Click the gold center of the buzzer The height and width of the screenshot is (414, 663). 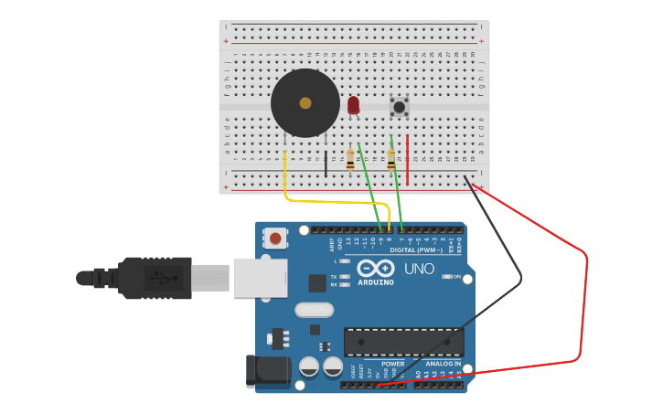305,103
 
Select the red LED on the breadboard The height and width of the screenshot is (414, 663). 353,105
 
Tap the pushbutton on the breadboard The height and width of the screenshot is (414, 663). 400,107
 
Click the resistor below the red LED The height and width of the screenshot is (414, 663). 350,162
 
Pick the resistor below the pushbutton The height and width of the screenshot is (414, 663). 391,161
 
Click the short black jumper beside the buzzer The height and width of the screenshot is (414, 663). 326,163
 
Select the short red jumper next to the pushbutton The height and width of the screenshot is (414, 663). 408,160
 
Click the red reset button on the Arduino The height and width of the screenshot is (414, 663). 275,239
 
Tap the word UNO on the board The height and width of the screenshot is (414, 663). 420,270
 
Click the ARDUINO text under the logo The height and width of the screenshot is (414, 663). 376,282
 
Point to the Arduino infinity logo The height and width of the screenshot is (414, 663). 376,269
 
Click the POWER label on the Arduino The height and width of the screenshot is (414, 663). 393,364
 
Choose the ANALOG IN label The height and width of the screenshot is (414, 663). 443,364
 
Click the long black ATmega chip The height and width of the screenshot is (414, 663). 403,342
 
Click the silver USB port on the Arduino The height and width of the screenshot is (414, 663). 260,277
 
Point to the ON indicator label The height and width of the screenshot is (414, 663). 456,276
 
